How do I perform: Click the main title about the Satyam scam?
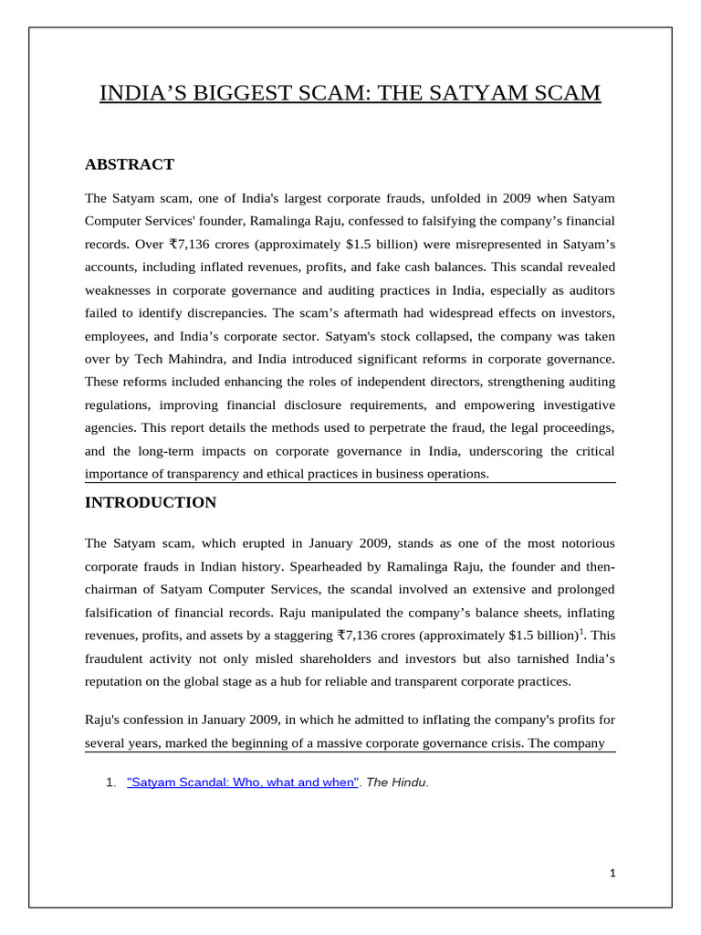[x=350, y=93]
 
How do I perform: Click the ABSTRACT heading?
[x=129, y=164]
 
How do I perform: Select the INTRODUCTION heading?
[x=151, y=502]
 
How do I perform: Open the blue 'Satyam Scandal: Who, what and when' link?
[x=243, y=783]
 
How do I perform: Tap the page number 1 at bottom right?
[x=613, y=873]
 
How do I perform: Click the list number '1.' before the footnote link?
[x=111, y=783]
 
